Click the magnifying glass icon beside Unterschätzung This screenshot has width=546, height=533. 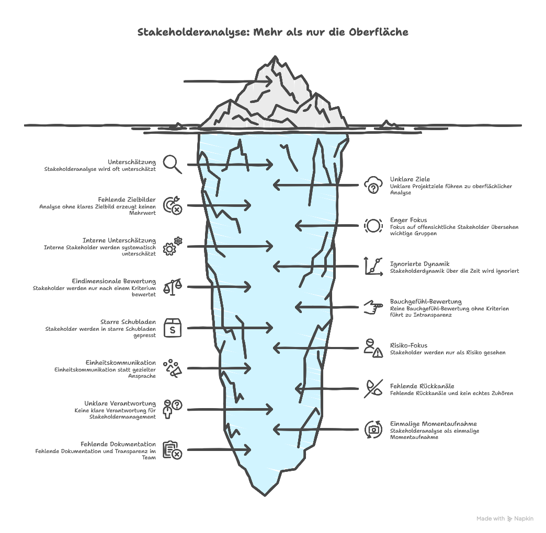[x=172, y=164]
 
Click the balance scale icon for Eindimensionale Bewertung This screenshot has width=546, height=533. [x=173, y=286]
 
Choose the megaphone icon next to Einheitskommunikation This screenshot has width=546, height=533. [x=173, y=368]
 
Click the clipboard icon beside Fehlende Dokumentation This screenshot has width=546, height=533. [x=173, y=449]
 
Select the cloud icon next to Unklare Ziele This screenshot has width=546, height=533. [x=373, y=185]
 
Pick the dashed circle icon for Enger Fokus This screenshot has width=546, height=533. [x=373, y=225]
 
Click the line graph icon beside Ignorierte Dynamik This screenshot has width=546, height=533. [x=373, y=266]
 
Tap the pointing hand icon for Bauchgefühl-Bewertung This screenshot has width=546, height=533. [x=373, y=307]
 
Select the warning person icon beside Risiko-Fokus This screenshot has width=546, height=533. [x=373, y=347]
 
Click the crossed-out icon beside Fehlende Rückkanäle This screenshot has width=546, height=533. [x=373, y=388]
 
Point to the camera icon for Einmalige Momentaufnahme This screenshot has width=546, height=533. [x=373, y=429]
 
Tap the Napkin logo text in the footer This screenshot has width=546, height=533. [x=524, y=518]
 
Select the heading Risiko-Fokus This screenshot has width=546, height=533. [x=408, y=345]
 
